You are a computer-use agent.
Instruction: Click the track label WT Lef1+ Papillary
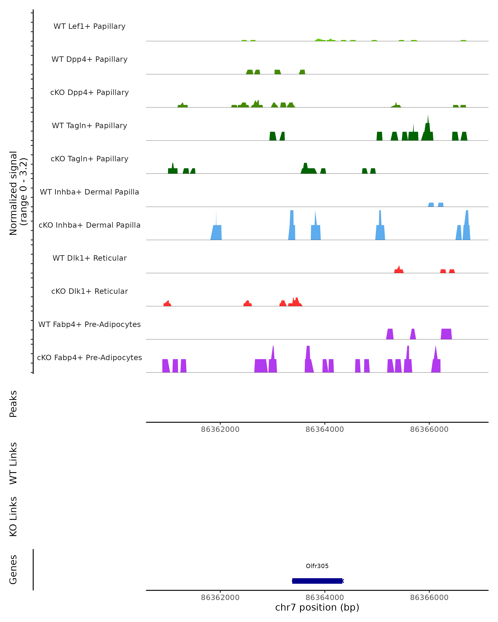tap(89, 26)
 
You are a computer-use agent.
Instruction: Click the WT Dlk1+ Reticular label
tap(89, 258)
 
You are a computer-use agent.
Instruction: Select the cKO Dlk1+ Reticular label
tap(89, 291)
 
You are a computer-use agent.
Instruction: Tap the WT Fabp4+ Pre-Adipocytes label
tap(89, 324)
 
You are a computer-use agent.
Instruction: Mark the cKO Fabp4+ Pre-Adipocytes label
tap(89, 357)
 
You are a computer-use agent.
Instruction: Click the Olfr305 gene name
tap(317, 566)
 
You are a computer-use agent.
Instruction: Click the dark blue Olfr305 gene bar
tap(317, 581)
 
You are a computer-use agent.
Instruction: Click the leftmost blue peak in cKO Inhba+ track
tap(216, 231)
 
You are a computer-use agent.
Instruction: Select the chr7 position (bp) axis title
tap(317, 607)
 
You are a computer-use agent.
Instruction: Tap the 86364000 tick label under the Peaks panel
tap(325, 429)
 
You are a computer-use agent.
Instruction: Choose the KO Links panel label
tap(13, 516)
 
